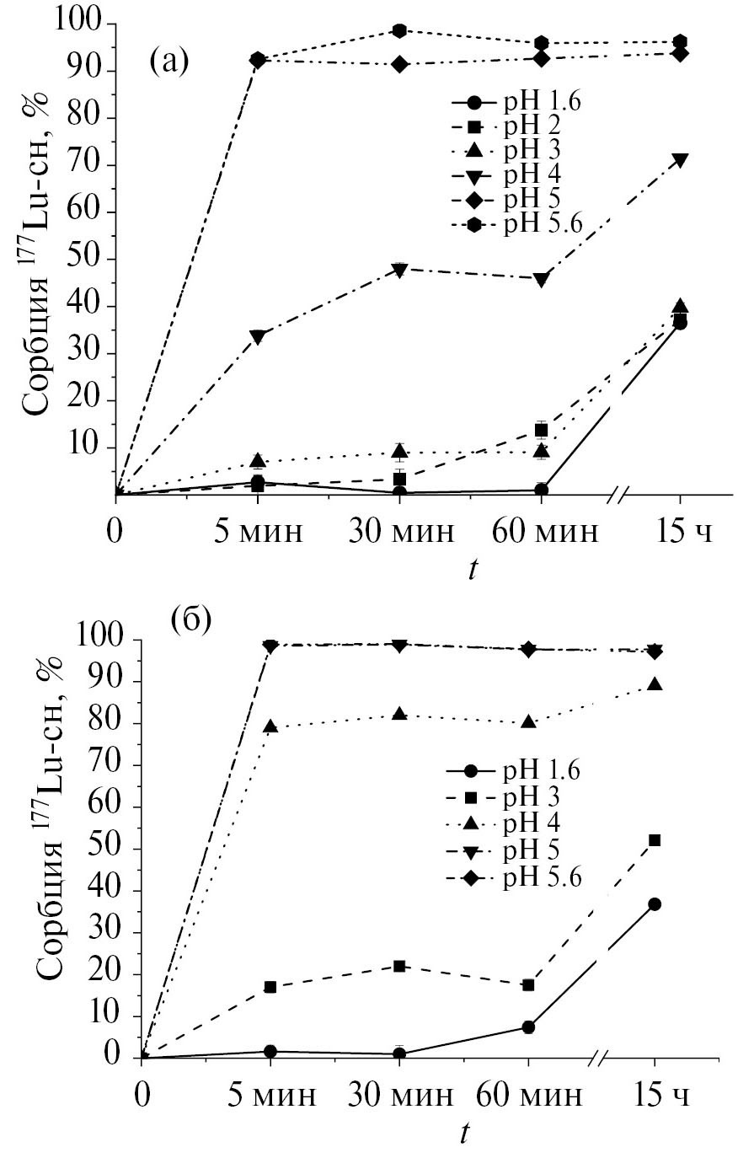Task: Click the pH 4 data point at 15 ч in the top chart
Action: tap(680, 160)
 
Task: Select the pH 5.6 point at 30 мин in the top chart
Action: tap(399, 30)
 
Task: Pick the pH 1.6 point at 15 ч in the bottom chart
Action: tap(655, 904)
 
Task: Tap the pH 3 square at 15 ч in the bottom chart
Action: tap(655, 840)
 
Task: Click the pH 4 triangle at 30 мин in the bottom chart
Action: tap(399, 714)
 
